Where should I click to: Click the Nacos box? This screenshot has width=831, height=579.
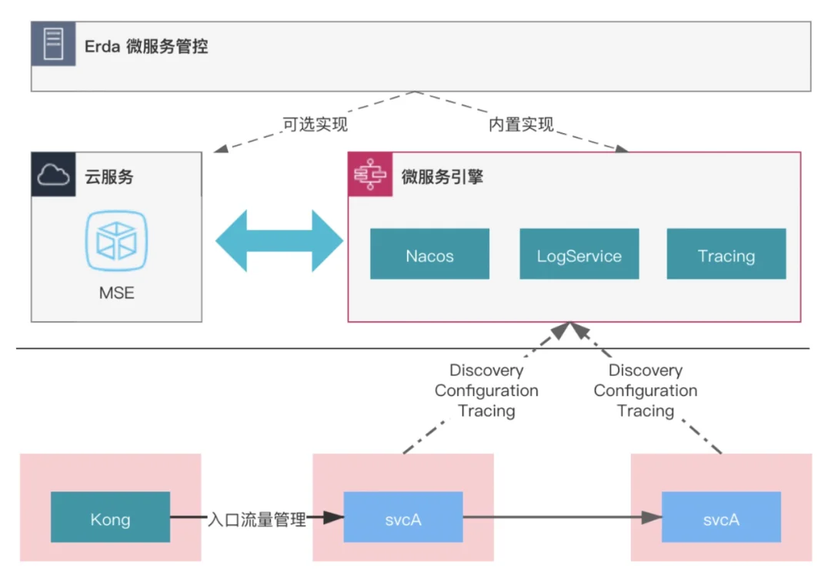point(429,254)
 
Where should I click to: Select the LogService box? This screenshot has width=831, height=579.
point(579,254)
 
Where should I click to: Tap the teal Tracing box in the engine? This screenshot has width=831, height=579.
point(726,254)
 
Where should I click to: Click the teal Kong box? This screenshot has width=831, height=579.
point(110,517)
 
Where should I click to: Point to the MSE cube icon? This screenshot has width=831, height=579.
point(117,241)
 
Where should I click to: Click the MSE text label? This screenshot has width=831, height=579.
point(117,293)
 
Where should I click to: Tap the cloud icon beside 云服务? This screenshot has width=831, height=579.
point(53,175)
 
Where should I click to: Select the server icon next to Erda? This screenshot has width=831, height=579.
point(53,44)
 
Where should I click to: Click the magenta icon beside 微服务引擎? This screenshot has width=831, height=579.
point(370,175)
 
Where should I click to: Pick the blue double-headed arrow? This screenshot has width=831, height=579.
point(279,241)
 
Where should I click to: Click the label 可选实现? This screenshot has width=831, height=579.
point(315,125)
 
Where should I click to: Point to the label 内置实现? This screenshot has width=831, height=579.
point(521,125)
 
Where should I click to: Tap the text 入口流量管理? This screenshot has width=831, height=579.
point(257,519)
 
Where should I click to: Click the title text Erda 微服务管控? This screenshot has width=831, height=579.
point(146,46)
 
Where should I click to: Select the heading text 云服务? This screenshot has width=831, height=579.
point(109,176)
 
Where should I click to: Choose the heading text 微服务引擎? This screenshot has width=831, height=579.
point(442,176)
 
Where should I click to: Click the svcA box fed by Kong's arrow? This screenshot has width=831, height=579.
point(402,517)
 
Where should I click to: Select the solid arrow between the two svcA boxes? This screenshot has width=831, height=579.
point(562,517)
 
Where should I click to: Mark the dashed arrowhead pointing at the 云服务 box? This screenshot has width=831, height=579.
point(221,149)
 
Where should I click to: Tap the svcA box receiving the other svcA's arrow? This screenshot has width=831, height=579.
point(721,517)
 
